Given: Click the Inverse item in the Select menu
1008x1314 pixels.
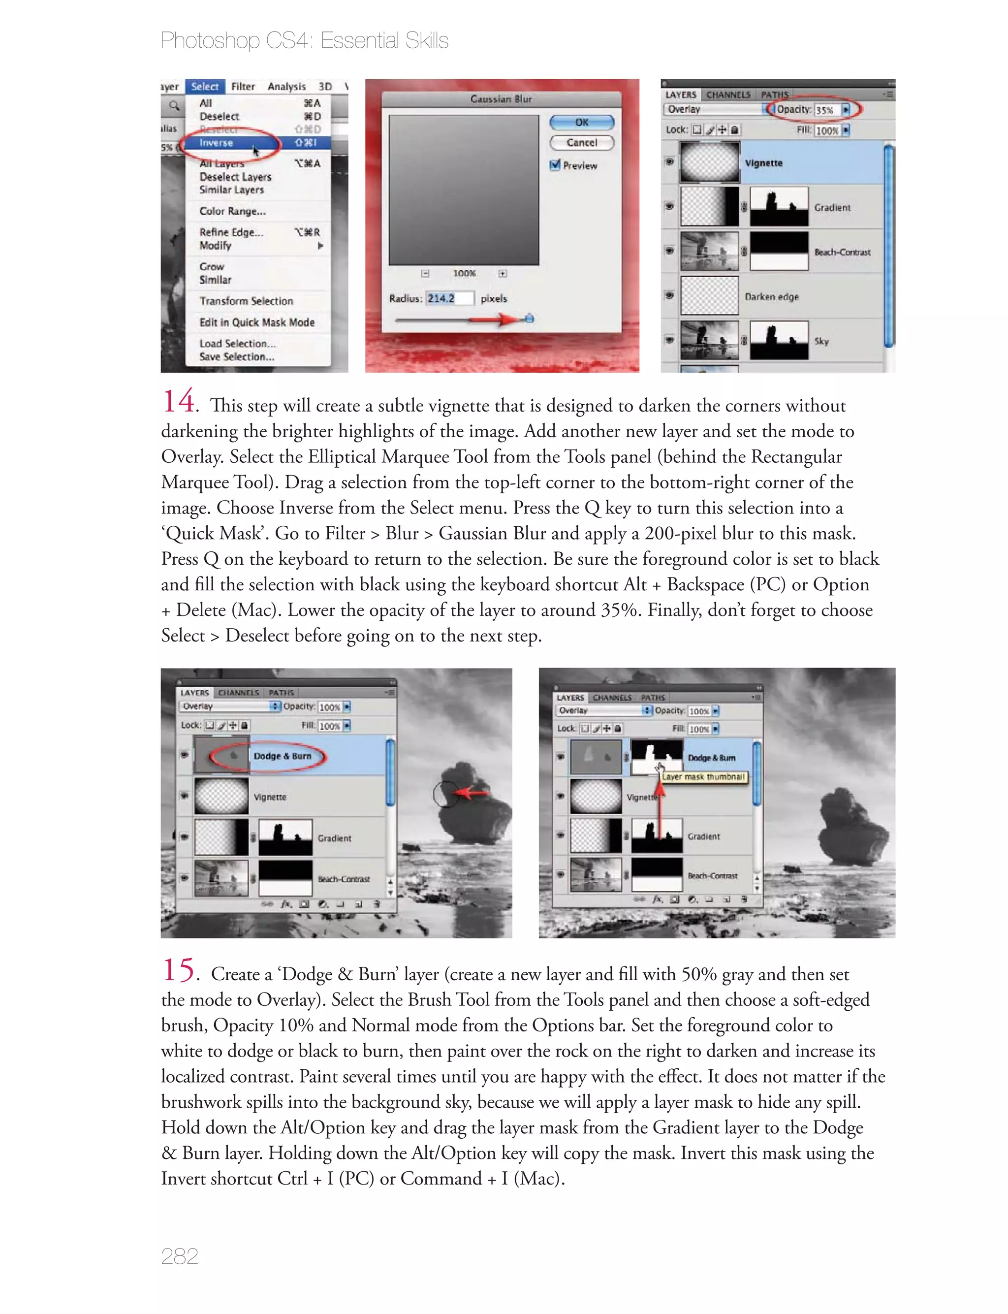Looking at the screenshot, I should click(x=217, y=143).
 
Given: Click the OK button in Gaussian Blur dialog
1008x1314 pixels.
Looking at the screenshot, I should click(x=581, y=123).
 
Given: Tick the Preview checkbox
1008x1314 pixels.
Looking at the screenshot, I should click(x=555, y=165).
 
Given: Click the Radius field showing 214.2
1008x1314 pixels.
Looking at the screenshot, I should click(x=449, y=298).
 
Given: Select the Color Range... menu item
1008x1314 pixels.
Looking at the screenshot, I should click(x=232, y=211).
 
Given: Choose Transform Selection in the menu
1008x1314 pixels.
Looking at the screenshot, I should click(x=246, y=301).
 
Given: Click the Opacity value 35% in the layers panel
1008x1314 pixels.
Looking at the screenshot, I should click(x=824, y=110).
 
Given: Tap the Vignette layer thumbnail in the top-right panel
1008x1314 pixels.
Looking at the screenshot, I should click(x=710, y=162).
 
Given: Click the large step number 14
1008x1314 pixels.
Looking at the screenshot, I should click(x=178, y=401).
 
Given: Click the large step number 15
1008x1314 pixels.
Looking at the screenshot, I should click(x=178, y=970).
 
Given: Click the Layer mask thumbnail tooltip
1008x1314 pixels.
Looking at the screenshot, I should click(x=703, y=777).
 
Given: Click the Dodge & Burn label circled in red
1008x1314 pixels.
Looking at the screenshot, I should click(x=282, y=756).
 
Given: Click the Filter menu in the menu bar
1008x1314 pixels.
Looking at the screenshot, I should click(x=243, y=86).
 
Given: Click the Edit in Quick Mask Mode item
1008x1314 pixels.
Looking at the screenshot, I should click(x=257, y=322).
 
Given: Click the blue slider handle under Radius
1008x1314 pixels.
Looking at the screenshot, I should click(x=529, y=319).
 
